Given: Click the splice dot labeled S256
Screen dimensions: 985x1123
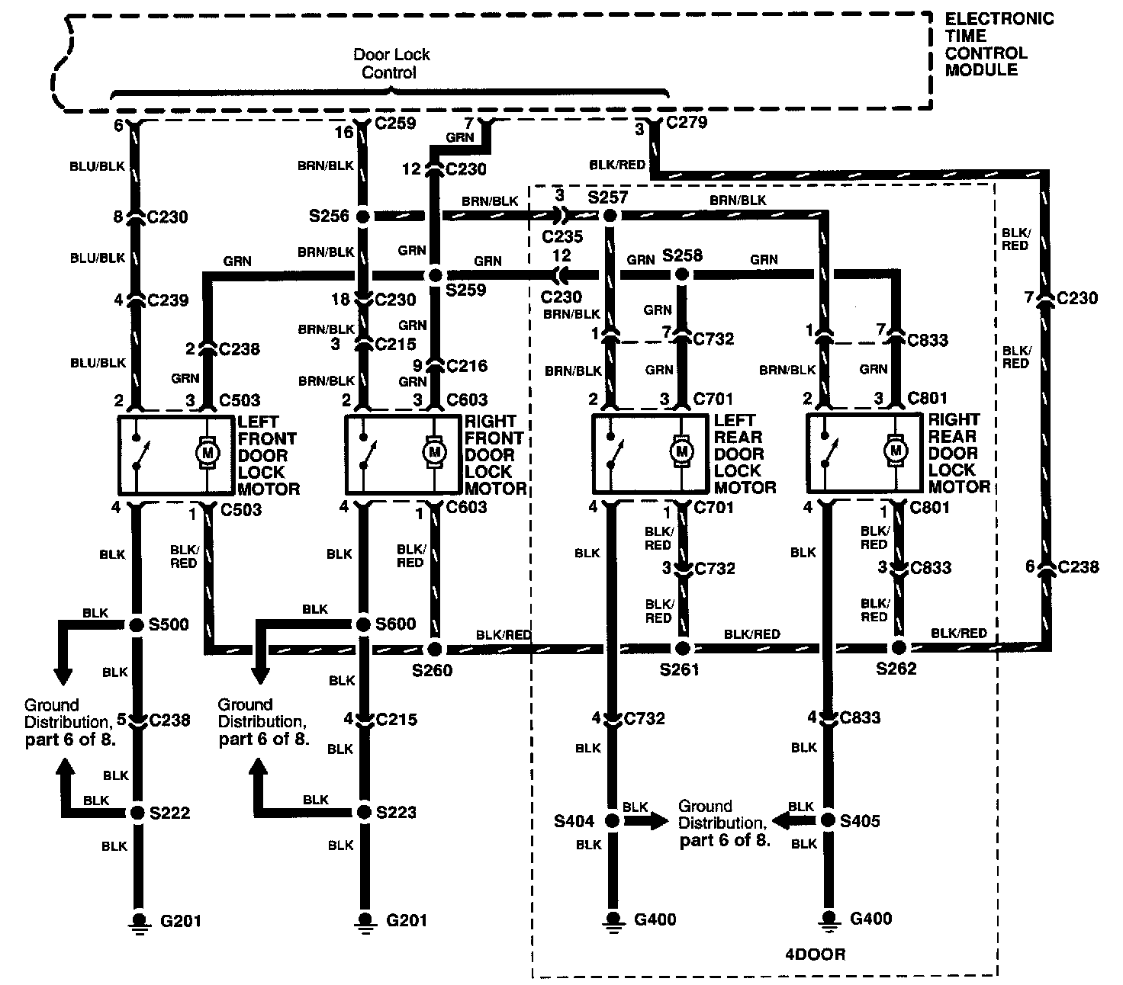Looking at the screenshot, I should tap(363, 217).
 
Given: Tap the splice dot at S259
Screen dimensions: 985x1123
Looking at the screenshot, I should tap(435, 274).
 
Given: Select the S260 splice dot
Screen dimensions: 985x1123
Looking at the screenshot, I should tap(435, 650).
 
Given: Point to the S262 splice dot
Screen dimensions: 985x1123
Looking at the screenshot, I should tap(899, 648).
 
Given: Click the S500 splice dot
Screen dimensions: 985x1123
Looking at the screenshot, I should tap(137, 625).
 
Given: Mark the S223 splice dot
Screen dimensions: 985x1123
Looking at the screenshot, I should tap(363, 812).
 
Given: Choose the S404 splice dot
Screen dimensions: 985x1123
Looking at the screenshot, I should tap(611, 821).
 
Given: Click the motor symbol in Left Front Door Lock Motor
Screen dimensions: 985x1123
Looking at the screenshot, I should tap(207, 453).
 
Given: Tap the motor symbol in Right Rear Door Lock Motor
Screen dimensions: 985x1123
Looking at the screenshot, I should tap(895, 451).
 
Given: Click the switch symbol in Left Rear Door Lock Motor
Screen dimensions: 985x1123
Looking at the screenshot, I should tap(613, 453).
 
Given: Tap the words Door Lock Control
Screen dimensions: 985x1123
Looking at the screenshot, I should tap(391, 64).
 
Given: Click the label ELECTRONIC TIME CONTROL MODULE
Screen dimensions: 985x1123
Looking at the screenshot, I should tap(999, 44).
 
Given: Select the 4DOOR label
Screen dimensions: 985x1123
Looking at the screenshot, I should tap(815, 954).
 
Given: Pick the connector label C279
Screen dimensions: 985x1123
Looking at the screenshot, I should tap(687, 123).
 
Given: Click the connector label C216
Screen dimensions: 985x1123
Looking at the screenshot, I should tap(467, 366).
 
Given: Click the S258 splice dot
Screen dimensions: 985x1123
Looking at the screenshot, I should tap(683, 274).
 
